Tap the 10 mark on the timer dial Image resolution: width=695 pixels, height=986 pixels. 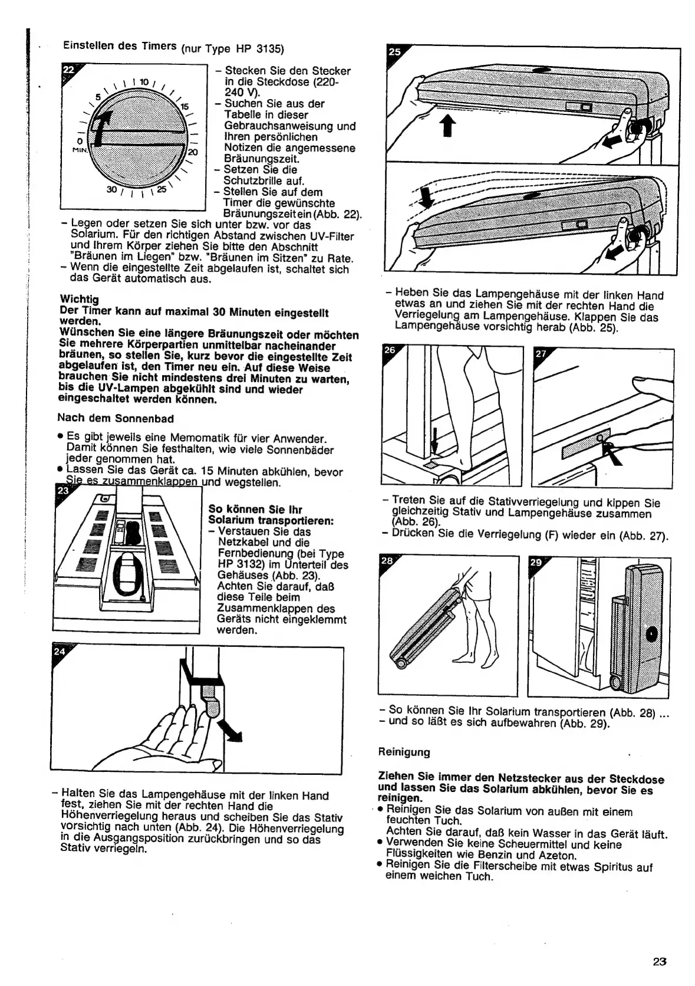point(144,81)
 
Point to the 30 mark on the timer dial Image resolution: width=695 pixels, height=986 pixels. point(111,189)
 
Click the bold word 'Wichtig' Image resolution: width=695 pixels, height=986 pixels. point(79,299)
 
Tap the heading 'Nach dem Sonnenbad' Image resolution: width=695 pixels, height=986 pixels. point(115,418)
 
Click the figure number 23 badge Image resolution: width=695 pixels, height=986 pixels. point(61,490)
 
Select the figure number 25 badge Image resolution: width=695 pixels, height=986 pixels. point(394,52)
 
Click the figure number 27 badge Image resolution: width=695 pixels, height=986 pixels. point(540,354)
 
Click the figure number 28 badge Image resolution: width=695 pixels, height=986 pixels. point(386,561)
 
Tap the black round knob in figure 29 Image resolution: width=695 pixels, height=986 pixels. point(651,635)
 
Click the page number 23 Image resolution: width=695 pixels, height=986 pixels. point(659,961)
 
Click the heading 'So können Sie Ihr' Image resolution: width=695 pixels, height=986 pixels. point(255,510)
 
